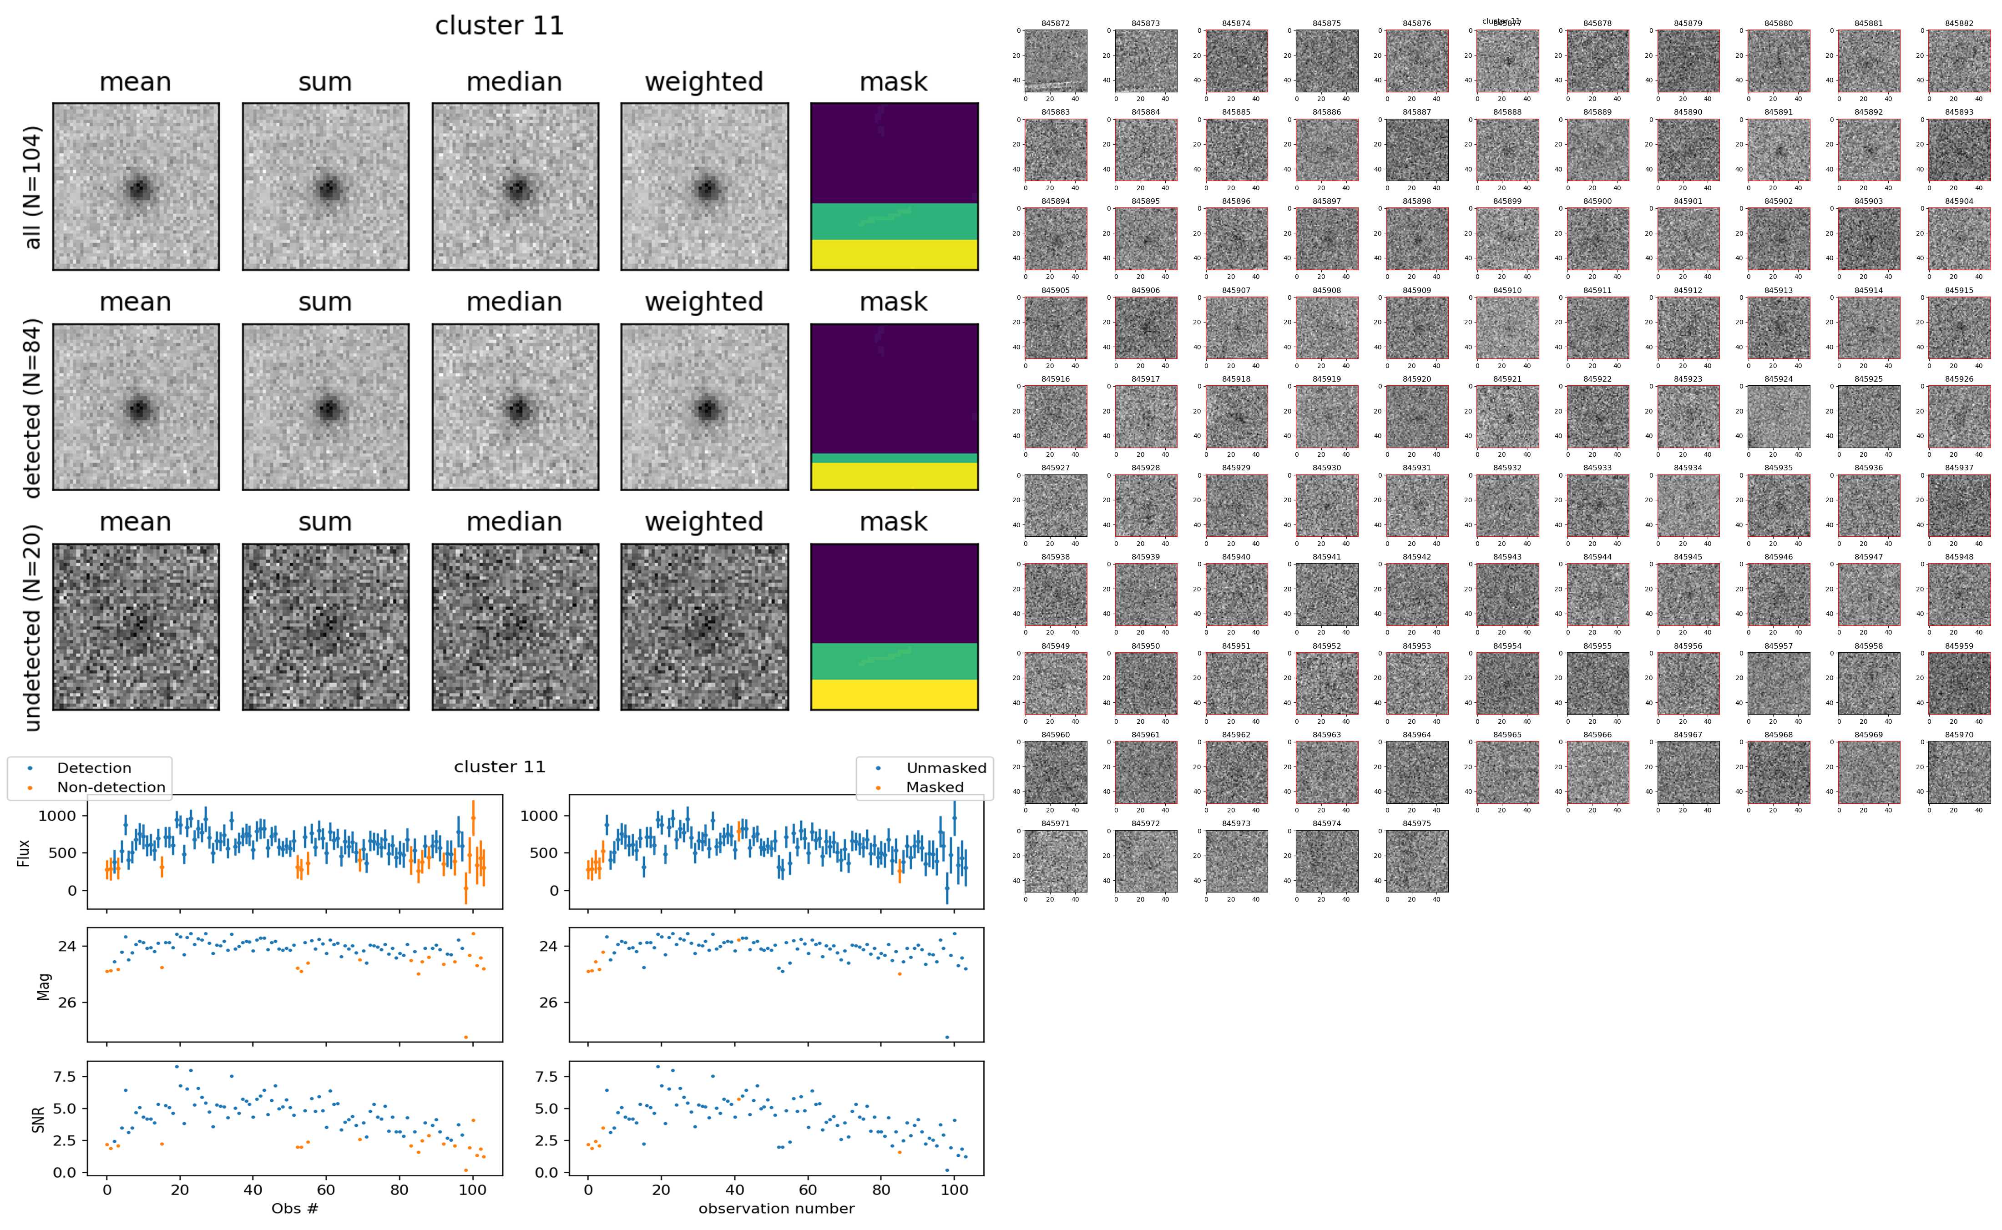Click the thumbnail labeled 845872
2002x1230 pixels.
pyautogui.click(x=1055, y=61)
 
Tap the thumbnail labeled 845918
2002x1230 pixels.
pyautogui.click(x=1236, y=417)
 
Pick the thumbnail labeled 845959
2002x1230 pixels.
pyautogui.click(x=1958, y=683)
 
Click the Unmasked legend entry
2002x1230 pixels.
pyautogui.click(x=945, y=768)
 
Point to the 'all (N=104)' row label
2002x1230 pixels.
pyautogui.click(x=33, y=187)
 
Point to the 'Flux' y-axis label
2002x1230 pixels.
pyautogui.click(x=25, y=852)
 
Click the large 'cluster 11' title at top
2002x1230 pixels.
pyautogui.click(x=500, y=26)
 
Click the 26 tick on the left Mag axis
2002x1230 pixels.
pyautogui.click(x=67, y=1002)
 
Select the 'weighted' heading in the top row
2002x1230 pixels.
pyautogui.click(x=704, y=82)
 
